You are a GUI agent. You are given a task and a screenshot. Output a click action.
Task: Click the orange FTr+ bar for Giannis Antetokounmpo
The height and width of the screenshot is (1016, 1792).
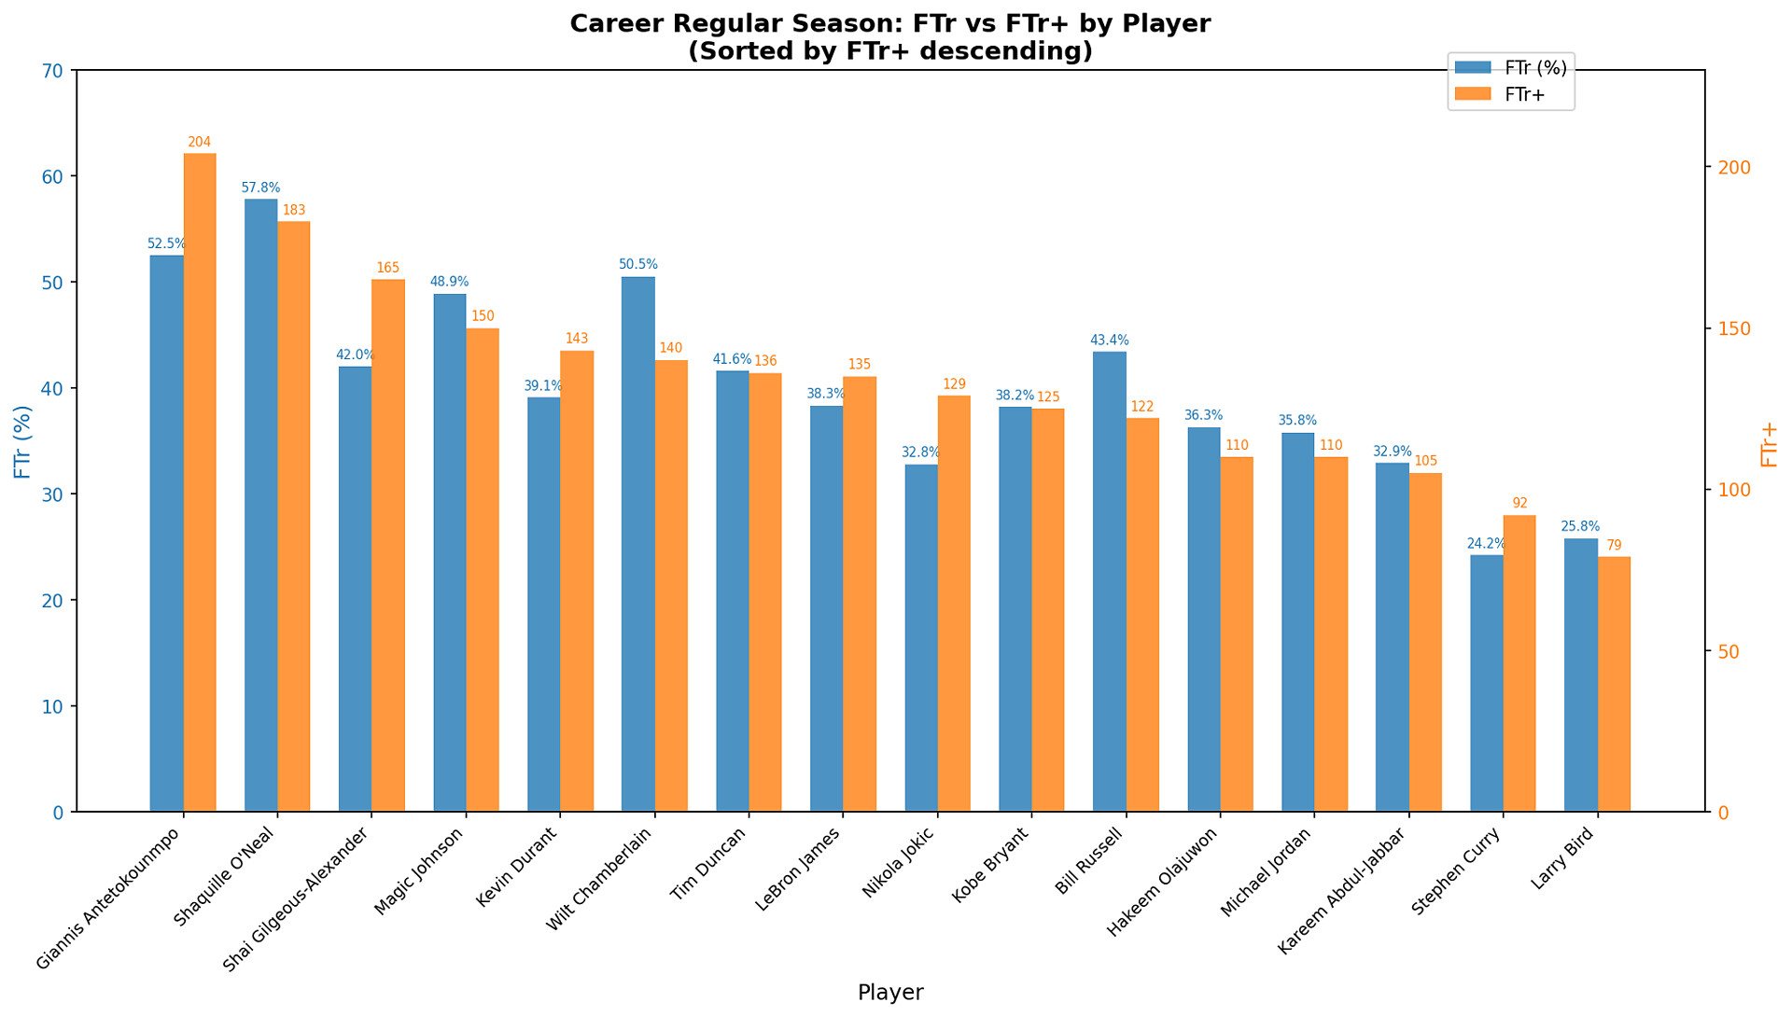[x=200, y=482]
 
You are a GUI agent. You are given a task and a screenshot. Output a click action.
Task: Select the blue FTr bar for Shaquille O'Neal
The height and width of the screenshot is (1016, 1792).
[x=261, y=505]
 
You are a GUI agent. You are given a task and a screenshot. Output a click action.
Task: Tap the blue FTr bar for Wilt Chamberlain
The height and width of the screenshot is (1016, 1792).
[x=638, y=544]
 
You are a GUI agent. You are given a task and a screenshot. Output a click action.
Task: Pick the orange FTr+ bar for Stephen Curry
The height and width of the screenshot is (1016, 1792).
[x=1519, y=663]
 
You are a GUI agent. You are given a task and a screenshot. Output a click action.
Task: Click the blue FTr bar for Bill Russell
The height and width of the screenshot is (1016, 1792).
[x=1110, y=581]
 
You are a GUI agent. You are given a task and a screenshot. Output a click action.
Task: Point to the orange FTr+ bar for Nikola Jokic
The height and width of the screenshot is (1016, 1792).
[x=954, y=604]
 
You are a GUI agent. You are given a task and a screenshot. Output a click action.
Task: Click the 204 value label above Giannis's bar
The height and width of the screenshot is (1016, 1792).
[x=200, y=143]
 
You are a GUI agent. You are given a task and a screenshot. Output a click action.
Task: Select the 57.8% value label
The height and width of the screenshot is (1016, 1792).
[x=260, y=188]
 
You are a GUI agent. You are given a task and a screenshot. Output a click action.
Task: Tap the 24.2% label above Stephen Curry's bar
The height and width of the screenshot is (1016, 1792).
[x=1486, y=544]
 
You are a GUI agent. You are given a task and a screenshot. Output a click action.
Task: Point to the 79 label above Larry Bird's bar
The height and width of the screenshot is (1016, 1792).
[x=1614, y=546]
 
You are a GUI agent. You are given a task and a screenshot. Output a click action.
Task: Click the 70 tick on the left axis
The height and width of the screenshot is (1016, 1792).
[x=53, y=71]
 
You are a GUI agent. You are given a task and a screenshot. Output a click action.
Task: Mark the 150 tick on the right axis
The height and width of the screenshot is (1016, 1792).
[x=1734, y=329]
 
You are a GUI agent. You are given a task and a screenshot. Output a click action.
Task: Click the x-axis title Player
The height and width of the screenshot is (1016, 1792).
[x=890, y=993]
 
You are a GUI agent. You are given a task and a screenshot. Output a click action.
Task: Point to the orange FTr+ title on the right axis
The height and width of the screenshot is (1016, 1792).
[x=1769, y=444]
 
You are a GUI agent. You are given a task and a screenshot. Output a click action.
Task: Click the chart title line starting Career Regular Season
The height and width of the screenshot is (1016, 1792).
[x=890, y=23]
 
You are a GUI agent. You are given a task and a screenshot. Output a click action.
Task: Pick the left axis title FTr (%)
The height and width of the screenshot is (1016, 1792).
[x=23, y=441]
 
